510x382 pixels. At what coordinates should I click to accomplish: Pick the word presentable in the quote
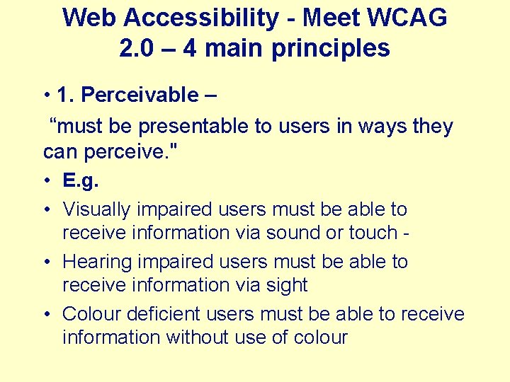click(197, 127)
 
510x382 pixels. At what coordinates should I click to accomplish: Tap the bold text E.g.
click(81, 180)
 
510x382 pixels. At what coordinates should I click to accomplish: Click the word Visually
click(97, 209)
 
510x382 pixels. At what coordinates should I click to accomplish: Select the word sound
click(327, 232)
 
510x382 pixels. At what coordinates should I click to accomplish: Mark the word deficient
click(171, 313)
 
